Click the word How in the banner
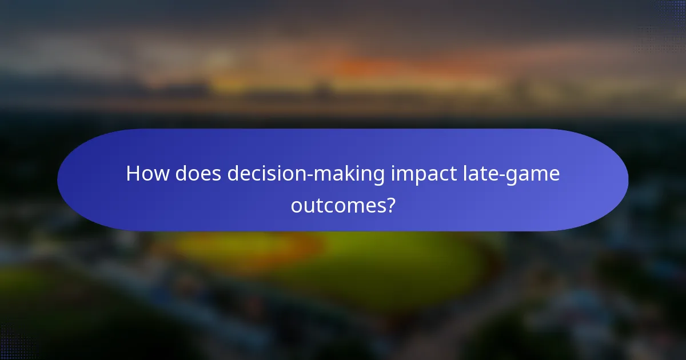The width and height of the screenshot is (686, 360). coord(147,174)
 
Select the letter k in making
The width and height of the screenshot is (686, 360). coord(351,174)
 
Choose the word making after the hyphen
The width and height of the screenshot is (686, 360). coord(350,174)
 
